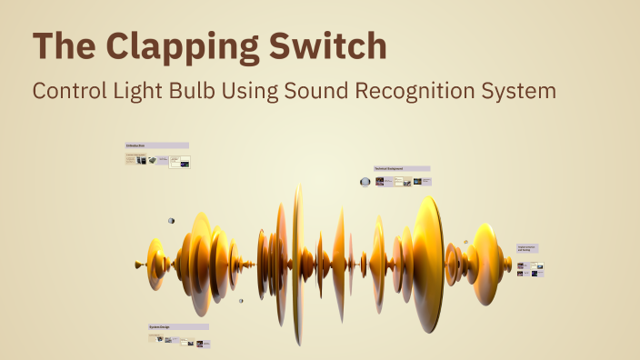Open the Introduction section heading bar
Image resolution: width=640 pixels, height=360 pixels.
click(x=156, y=145)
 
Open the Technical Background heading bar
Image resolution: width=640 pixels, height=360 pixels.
click(x=402, y=168)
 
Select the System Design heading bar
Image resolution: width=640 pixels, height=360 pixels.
click(x=178, y=326)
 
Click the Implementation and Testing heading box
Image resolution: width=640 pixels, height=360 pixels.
click(x=528, y=247)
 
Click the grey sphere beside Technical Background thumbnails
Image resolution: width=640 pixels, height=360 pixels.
click(x=365, y=182)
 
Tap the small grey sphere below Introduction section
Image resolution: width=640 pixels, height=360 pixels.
click(x=171, y=220)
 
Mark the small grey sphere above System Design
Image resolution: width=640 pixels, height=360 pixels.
click(x=241, y=301)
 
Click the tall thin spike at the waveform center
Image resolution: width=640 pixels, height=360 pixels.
click(x=296, y=264)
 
